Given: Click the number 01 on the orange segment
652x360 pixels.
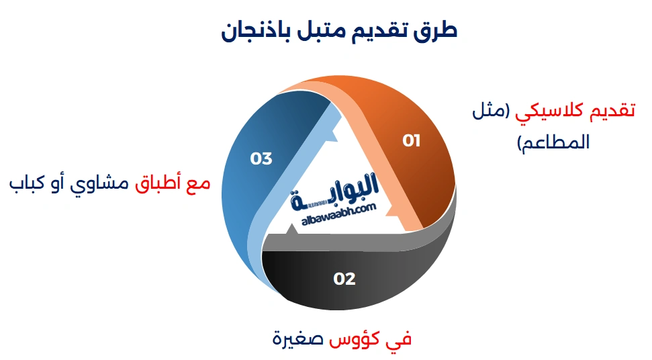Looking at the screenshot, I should tap(411, 141).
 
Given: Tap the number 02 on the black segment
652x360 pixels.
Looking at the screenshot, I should tap(344, 279).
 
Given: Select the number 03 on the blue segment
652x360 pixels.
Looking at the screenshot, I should tap(261, 159).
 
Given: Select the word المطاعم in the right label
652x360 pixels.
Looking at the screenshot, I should tap(552, 142).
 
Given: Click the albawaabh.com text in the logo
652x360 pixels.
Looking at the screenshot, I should tap(338, 210).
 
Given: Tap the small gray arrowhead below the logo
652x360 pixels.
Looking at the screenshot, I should tap(290, 231).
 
